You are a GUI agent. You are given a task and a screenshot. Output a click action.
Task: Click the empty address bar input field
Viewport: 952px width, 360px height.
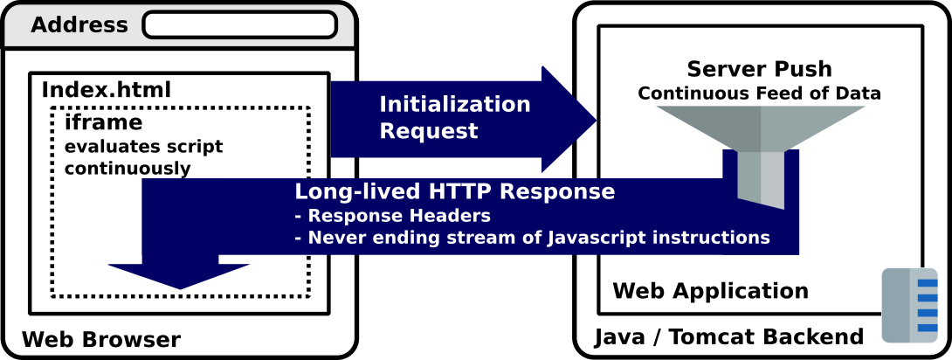(x=239, y=24)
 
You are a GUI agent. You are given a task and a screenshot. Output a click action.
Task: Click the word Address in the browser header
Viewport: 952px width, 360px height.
(x=79, y=25)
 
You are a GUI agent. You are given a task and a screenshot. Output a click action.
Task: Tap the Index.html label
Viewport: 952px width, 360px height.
(x=107, y=90)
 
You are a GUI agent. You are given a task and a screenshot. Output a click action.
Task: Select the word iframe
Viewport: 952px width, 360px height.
(x=103, y=123)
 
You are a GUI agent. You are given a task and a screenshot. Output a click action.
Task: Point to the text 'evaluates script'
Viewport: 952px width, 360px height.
(x=143, y=146)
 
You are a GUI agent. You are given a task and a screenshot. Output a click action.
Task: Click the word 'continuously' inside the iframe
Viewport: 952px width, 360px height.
(x=128, y=168)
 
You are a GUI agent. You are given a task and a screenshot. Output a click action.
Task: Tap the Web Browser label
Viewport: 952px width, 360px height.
(x=100, y=339)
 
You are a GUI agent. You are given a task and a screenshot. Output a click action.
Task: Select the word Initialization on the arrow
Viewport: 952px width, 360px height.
(x=454, y=105)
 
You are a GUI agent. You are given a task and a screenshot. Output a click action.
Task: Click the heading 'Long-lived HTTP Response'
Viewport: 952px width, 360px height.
(x=454, y=192)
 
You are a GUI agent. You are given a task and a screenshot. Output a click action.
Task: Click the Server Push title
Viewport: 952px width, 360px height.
(x=759, y=69)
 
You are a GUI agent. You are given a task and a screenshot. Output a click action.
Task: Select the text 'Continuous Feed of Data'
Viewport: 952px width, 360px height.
(x=759, y=93)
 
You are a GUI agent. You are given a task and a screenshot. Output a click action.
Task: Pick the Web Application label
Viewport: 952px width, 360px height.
(x=710, y=291)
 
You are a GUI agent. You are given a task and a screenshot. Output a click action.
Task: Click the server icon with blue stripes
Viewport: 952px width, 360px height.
(x=909, y=305)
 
